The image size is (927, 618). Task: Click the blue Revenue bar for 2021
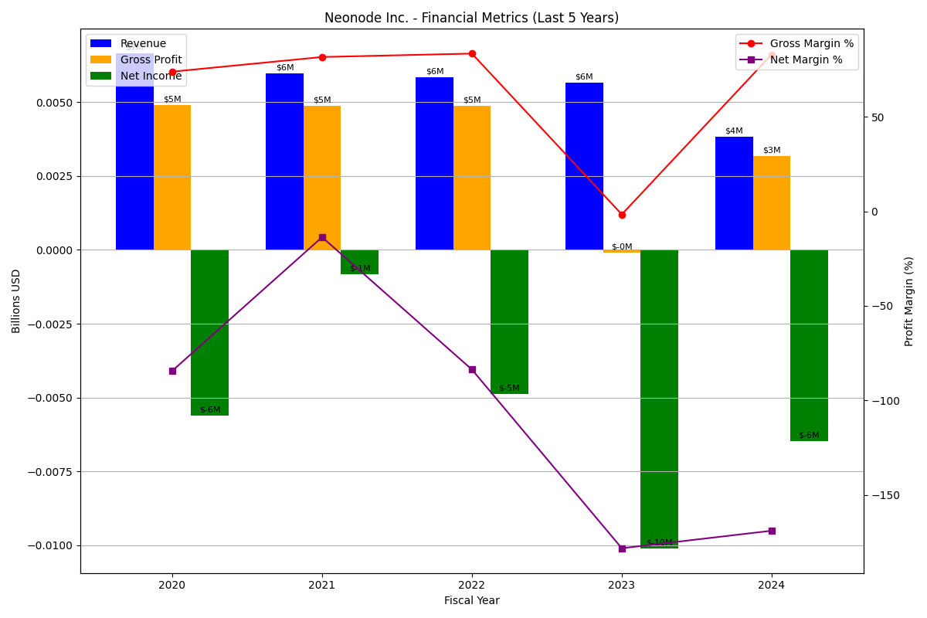(284, 161)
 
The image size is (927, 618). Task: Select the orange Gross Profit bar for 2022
(472, 178)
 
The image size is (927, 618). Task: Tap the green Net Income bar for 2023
(659, 399)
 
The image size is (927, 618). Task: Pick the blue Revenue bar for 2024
(734, 193)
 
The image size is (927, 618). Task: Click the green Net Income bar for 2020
(209, 332)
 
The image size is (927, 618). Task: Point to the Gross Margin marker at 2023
(622, 215)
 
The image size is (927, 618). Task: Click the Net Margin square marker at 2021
(322, 237)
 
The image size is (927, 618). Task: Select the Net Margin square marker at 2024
(772, 531)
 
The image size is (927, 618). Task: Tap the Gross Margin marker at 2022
(472, 53)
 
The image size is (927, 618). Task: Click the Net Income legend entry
(151, 76)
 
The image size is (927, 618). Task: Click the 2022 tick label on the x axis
(472, 585)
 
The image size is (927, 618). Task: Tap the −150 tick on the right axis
(881, 495)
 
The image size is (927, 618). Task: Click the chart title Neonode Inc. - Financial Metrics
(471, 18)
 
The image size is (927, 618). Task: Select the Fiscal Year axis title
(471, 600)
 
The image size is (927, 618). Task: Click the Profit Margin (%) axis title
(909, 301)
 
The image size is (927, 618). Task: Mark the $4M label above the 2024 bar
(734, 131)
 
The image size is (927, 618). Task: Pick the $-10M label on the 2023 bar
(660, 542)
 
